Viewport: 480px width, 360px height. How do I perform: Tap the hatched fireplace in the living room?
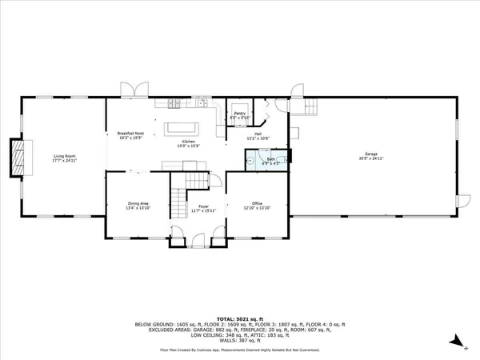click(x=16, y=157)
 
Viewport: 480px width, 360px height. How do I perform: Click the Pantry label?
click(x=239, y=114)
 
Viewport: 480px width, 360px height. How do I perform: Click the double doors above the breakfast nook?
click(x=130, y=90)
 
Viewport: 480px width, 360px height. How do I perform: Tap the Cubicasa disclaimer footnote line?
click(x=239, y=350)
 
